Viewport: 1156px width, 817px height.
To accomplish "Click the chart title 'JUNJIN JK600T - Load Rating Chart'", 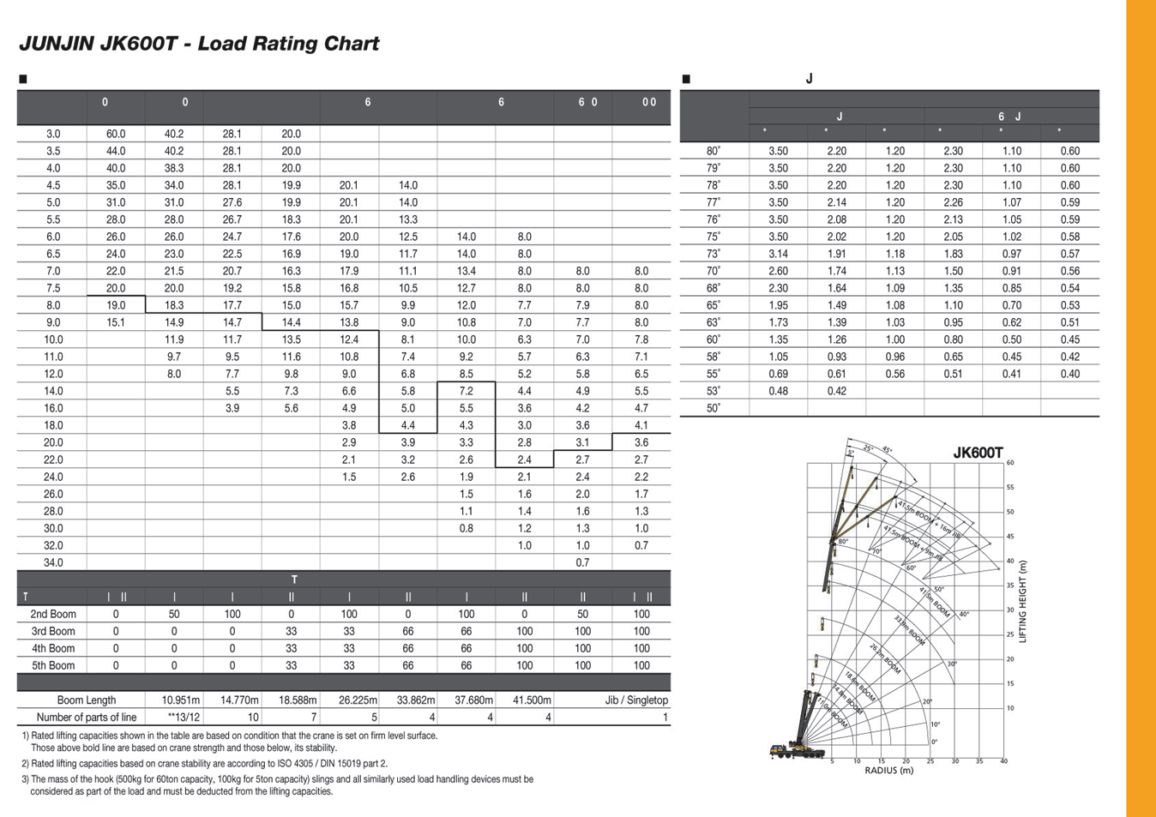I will pos(198,44).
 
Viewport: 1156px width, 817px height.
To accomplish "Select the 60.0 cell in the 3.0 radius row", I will pos(116,134).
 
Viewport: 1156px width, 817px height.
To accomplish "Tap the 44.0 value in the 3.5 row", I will pos(116,151).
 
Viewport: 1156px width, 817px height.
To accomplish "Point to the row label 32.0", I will pos(53,545).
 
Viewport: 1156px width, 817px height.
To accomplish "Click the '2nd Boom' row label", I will pos(53,614).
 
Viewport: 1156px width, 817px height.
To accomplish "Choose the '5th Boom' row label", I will pos(53,665).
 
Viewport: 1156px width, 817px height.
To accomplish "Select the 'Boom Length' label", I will pos(87,700).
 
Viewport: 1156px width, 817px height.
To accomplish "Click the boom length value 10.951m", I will pos(181,700).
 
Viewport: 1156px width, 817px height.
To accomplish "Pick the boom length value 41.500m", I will pos(532,700).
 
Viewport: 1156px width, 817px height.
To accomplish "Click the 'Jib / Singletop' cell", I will pos(636,700).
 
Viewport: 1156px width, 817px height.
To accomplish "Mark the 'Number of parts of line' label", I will pos(87,718).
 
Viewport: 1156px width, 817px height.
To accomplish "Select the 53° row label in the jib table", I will pos(713,391).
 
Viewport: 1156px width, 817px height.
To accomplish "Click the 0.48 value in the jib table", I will pos(778,391).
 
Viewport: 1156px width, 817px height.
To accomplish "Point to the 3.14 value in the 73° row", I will pos(778,254).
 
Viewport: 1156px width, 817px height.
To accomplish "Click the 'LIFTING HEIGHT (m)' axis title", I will pos(1023,601).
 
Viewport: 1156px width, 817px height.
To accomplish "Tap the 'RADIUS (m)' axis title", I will pos(889,770).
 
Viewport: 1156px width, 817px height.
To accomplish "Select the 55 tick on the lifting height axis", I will pos(1010,487).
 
